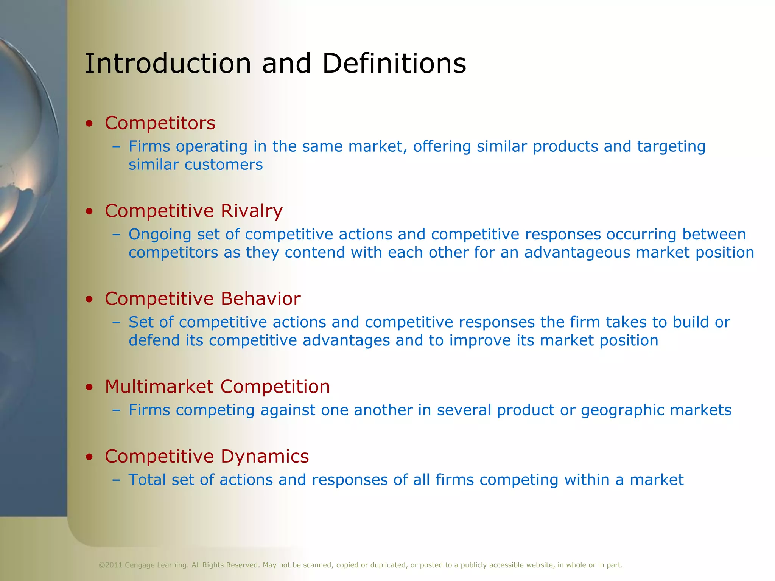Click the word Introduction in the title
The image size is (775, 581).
coord(168,63)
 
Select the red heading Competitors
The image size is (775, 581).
coord(160,123)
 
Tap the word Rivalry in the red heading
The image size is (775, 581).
coord(252,211)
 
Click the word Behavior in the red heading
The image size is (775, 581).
coord(261,299)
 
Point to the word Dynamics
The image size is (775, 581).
coord(265,456)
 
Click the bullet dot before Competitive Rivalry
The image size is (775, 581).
coord(89,211)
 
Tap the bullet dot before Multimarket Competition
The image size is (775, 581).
coord(89,387)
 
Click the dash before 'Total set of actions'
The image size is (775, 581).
coord(116,480)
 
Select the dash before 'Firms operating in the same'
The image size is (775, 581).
coord(116,147)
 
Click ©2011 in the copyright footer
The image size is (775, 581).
coord(110,565)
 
